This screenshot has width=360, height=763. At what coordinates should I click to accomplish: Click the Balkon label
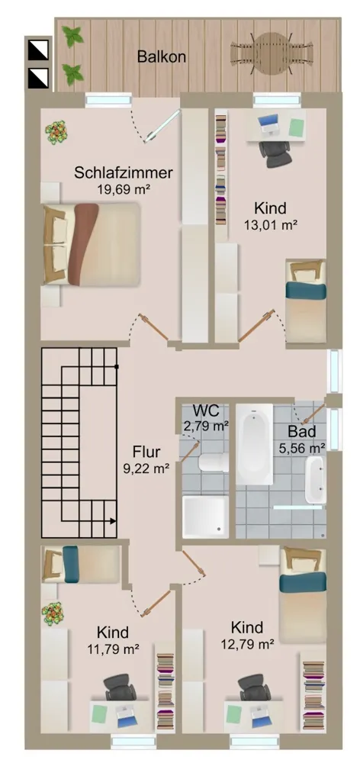coord(161,56)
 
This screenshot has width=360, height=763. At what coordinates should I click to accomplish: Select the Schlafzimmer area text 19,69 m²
coord(123,188)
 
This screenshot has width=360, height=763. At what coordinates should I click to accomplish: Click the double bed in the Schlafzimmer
coord(92,244)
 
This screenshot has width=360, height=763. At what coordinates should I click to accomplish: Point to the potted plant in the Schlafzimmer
coord(56,132)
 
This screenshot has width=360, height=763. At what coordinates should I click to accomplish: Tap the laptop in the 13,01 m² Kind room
coord(268,124)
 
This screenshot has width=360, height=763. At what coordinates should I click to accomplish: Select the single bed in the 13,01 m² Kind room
coord(306,300)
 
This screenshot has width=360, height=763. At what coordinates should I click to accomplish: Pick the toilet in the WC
coord(214,463)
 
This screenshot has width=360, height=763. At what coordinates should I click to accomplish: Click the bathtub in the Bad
coord(255,444)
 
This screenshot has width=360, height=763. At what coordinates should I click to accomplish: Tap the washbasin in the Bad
coord(315,479)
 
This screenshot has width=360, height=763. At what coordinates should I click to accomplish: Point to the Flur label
coord(146,452)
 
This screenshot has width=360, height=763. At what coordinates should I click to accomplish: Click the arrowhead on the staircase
coord(113,521)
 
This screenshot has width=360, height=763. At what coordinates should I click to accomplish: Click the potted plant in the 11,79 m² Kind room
coord(53,614)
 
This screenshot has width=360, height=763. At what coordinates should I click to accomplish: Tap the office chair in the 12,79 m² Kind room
coord(253,688)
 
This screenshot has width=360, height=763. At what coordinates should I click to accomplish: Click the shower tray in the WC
coord(205,517)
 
